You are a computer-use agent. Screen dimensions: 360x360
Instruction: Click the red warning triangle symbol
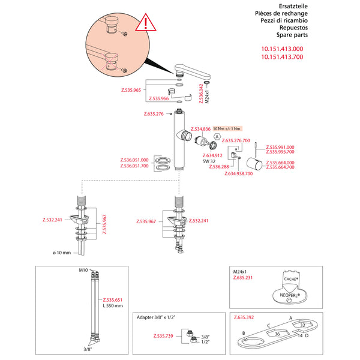click(x=145, y=25)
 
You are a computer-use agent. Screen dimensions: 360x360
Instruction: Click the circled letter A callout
click(x=217, y=137)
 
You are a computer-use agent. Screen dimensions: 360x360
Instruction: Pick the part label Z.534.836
click(x=200, y=129)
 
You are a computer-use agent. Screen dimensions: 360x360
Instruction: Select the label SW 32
click(x=209, y=161)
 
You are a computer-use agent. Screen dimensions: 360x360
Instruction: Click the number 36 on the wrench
click(x=277, y=334)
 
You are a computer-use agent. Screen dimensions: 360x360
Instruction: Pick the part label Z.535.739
click(x=163, y=337)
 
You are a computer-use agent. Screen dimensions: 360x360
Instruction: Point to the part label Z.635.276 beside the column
click(x=154, y=113)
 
